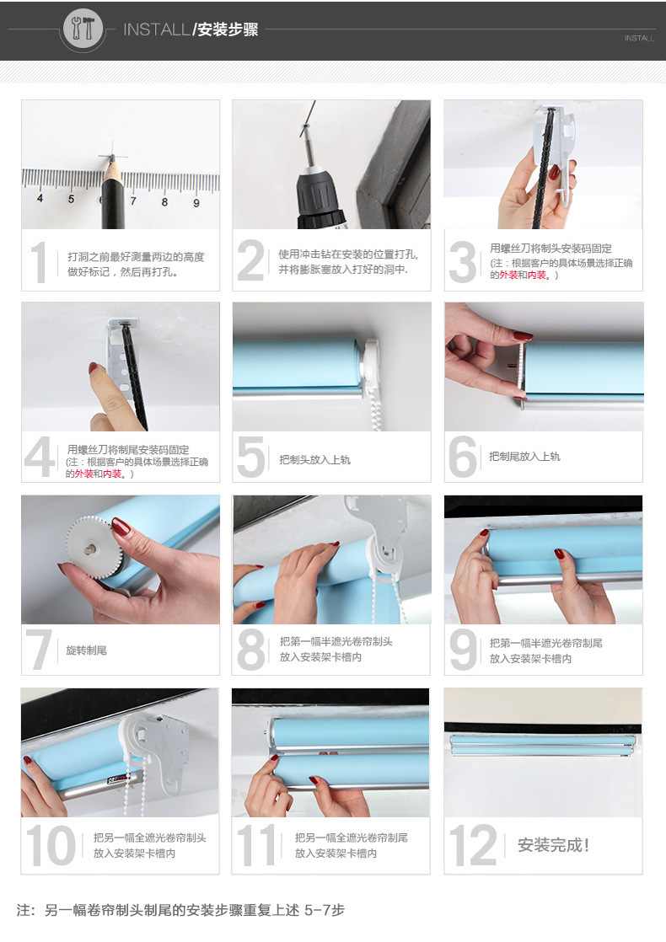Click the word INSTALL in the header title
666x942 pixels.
point(156,29)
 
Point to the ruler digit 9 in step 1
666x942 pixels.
point(196,203)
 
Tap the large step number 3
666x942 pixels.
point(462,262)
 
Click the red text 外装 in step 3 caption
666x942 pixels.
point(508,276)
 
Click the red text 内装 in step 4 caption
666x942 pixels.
point(112,474)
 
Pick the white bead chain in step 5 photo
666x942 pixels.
point(377,404)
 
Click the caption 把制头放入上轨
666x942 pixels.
point(314,459)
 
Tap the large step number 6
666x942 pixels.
point(463,457)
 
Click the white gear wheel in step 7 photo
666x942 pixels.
point(91,548)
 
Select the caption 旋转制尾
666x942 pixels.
point(86,650)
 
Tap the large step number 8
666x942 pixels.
point(250,650)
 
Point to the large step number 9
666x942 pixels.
point(462,650)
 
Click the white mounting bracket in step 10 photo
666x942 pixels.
point(156,754)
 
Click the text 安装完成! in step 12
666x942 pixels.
point(553,845)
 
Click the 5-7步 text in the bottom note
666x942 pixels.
point(324,910)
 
